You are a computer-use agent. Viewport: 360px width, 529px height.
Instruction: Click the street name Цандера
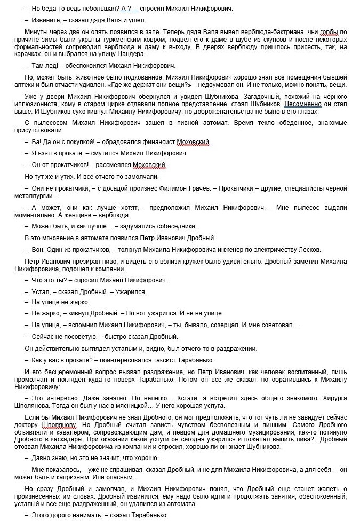click(x=131, y=54)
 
